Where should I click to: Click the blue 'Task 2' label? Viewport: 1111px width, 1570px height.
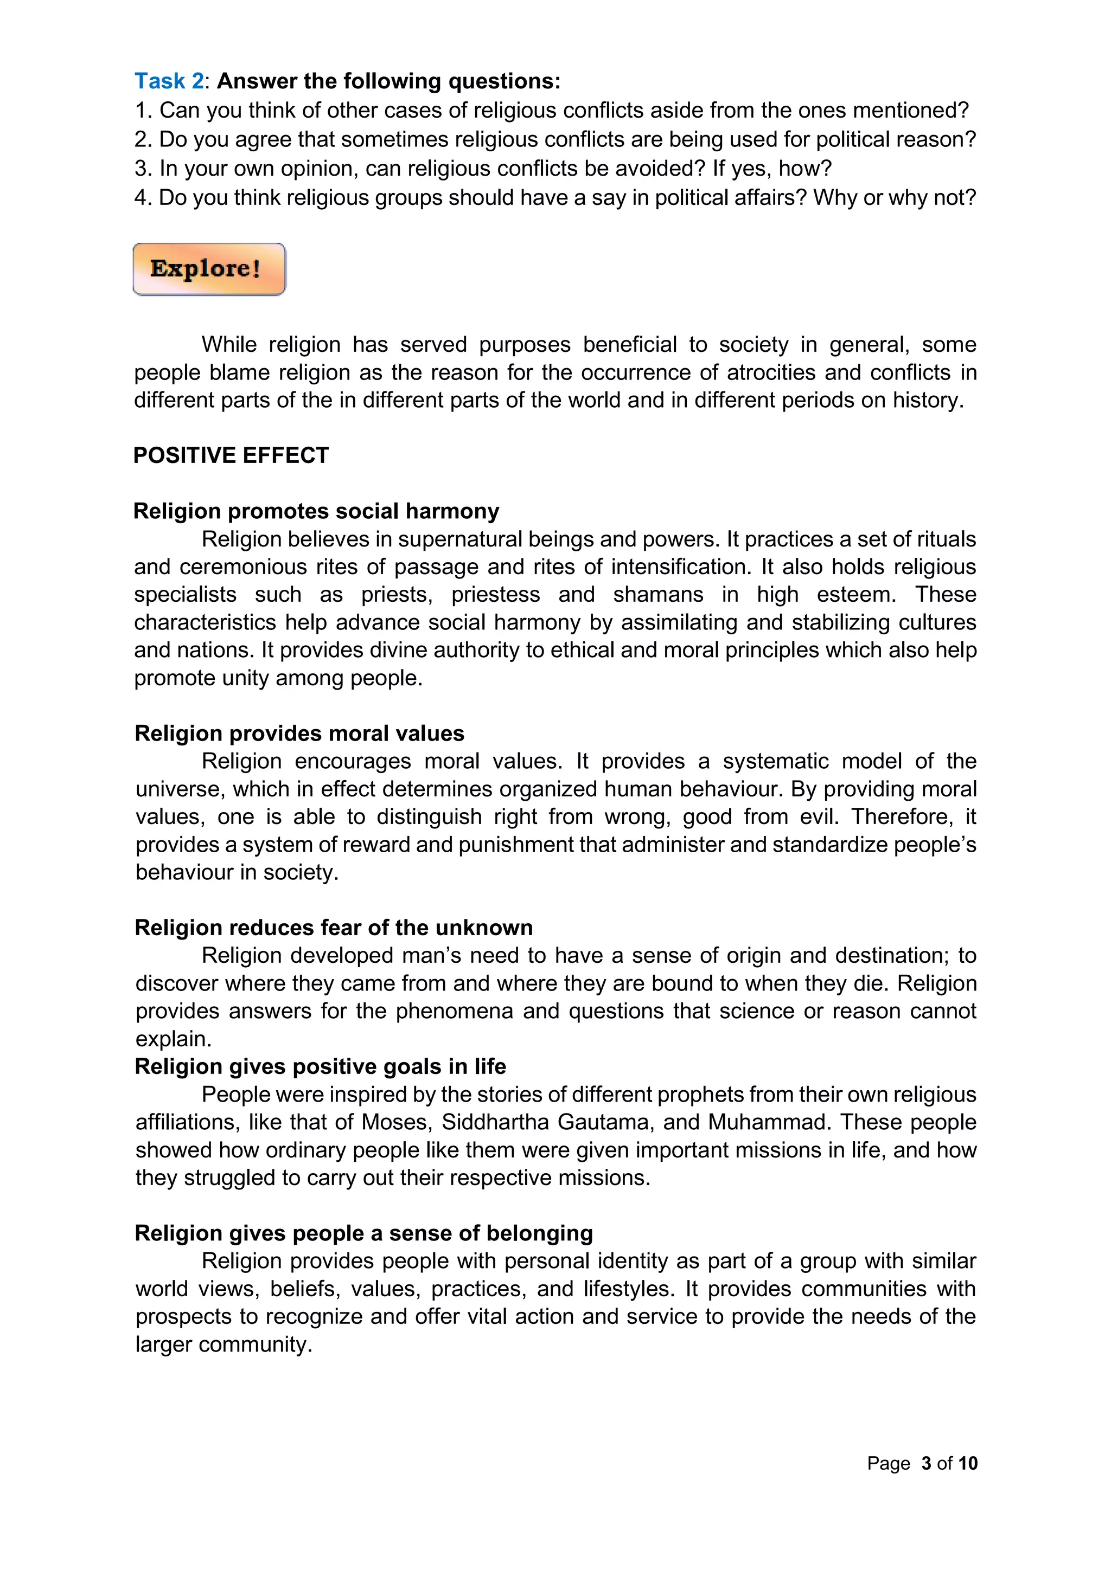(x=168, y=81)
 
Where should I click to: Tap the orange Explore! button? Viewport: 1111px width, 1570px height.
(x=209, y=269)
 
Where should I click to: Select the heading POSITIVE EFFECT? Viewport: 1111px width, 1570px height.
(x=231, y=455)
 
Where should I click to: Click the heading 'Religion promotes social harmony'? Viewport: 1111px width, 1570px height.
(x=316, y=511)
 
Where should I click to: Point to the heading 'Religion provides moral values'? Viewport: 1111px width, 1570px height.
(x=299, y=733)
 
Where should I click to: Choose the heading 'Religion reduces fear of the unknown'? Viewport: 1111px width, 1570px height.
(x=333, y=927)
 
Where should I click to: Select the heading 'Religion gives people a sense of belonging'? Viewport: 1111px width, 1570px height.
(x=363, y=1233)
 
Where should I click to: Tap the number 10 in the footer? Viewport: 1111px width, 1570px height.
(x=968, y=1463)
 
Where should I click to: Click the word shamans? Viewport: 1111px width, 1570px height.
(x=657, y=595)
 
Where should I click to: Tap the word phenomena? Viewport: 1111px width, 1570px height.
(x=454, y=1011)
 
